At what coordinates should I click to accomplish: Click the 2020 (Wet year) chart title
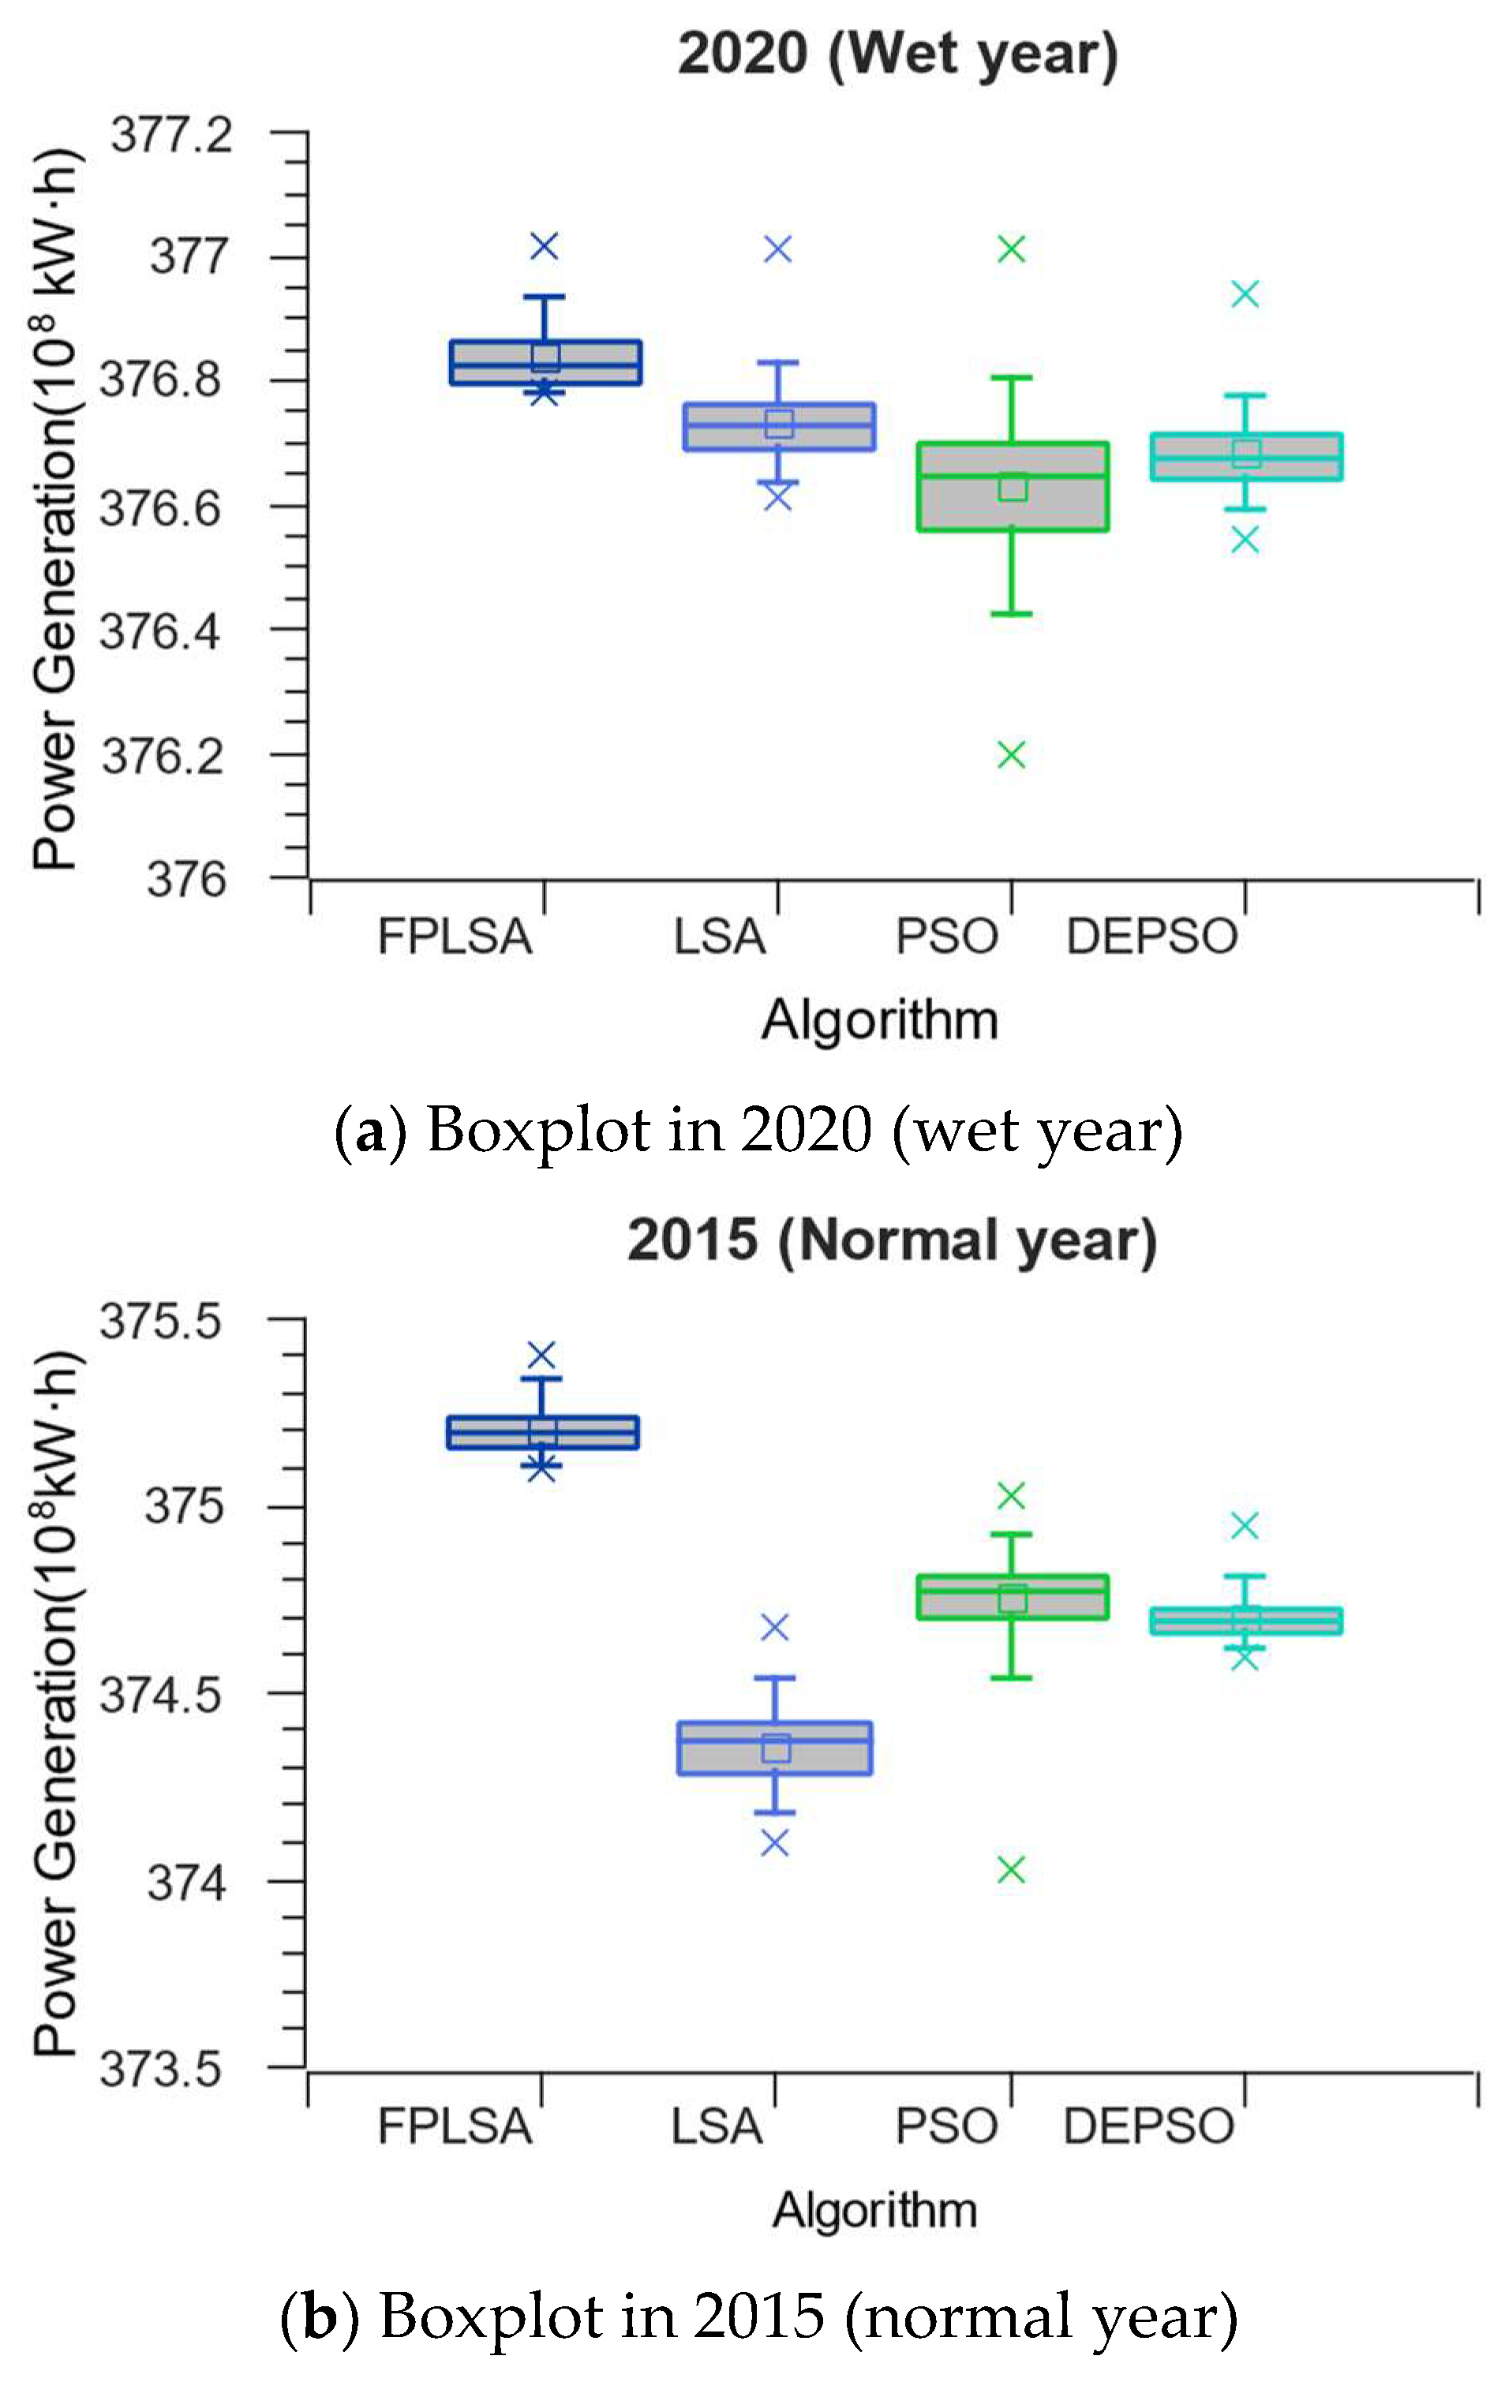[897, 54]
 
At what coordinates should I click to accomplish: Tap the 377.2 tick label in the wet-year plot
[171, 135]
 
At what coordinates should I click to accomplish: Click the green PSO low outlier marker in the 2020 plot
[1010, 756]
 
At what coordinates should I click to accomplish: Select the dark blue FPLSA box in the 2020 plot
[545, 363]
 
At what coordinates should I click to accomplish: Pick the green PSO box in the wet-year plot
[1013, 487]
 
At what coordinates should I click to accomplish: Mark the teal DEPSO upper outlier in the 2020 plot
[1245, 294]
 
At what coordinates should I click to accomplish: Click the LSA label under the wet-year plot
[719, 936]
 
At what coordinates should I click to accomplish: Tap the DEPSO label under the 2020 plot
[1151, 936]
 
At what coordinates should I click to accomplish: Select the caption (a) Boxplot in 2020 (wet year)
[758, 1130]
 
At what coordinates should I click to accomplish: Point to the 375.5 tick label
[160, 1322]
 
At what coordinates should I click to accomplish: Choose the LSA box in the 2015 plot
[775, 1748]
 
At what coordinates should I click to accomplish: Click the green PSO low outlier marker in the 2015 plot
[1010, 1870]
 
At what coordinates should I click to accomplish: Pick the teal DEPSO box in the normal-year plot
[1245, 1621]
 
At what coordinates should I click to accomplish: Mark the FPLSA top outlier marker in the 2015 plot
[541, 1354]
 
